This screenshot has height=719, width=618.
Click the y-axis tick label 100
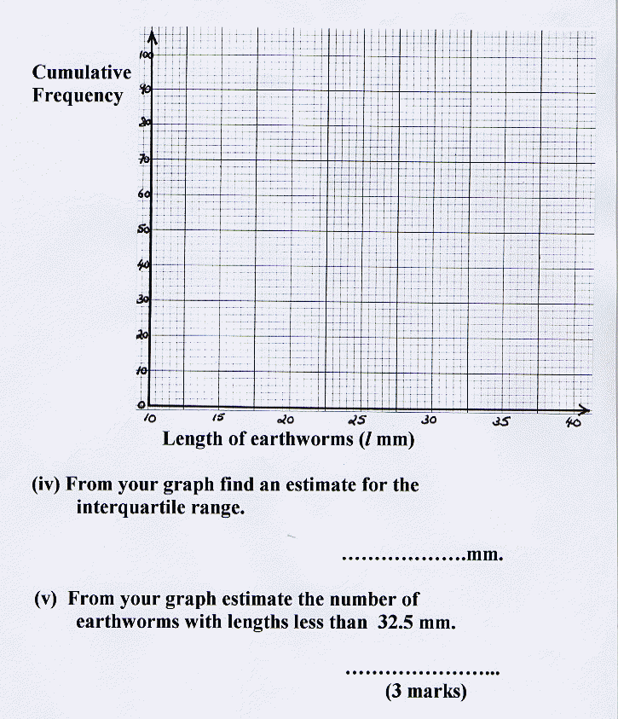click(x=145, y=55)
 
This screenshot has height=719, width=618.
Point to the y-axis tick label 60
click(x=144, y=194)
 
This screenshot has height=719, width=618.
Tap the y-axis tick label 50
click(x=144, y=229)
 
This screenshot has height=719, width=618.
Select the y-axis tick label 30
click(x=143, y=299)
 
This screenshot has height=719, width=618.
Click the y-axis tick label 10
click(x=143, y=371)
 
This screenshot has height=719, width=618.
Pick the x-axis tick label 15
click(x=218, y=419)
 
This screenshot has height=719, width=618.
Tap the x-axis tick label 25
click(x=357, y=420)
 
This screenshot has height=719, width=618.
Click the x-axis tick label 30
click(x=429, y=420)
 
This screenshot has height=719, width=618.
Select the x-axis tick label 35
click(x=500, y=420)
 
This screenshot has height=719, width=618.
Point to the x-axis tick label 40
click(x=572, y=421)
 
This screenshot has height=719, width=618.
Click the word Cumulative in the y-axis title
click(x=82, y=72)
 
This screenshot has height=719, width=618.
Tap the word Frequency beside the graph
click(x=78, y=95)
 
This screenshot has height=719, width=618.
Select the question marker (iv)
click(x=47, y=485)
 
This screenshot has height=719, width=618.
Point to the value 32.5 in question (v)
click(x=396, y=622)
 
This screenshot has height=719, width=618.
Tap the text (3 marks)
click(x=426, y=692)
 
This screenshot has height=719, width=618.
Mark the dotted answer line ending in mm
click(x=402, y=560)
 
